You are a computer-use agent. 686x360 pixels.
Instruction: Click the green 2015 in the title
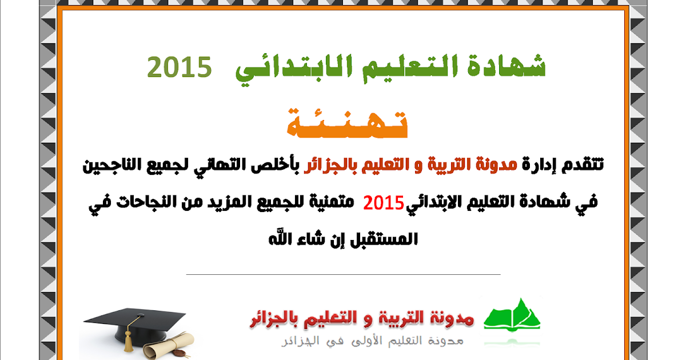[x=180, y=67]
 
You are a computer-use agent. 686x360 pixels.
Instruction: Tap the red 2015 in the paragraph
[x=384, y=203]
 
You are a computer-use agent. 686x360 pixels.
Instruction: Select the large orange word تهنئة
[x=348, y=123]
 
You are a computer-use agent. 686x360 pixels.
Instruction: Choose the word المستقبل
[x=384, y=239]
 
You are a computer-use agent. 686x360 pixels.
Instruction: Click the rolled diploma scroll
[x=169, y=345]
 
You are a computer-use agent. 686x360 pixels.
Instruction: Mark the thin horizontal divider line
[x=344, y=275]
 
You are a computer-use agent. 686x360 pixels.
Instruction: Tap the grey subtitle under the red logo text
[x=372, y=341]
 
